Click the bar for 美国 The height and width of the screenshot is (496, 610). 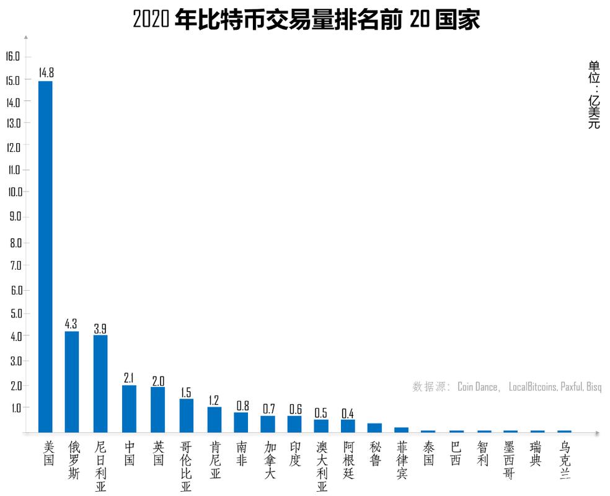click(x=45, y=256)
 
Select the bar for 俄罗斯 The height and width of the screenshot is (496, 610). click(x=72, y=381)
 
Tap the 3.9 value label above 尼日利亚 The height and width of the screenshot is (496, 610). click(x=100, y=329)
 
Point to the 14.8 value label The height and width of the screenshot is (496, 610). click(x=46, y=73)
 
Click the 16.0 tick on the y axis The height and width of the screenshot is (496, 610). click(x=13, y=56)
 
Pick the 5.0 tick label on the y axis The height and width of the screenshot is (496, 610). click(x=15, y=314)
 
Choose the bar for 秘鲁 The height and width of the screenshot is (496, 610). click(x=374, y=427)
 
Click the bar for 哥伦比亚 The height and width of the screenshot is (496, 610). click(x=186, y=415)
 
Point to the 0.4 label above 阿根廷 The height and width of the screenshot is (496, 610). click(x=348, y=413)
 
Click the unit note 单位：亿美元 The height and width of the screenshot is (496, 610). click(x=594, y=94)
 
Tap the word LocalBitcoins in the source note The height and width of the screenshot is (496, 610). click(x=533, y=387)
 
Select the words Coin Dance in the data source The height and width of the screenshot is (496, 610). click(x=477, y=387)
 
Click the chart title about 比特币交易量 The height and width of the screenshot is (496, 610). click(x=306, y=20)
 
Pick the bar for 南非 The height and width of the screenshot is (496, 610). click(x=241, y=422)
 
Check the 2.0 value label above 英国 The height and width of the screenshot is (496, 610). click(x=157, y=380)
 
